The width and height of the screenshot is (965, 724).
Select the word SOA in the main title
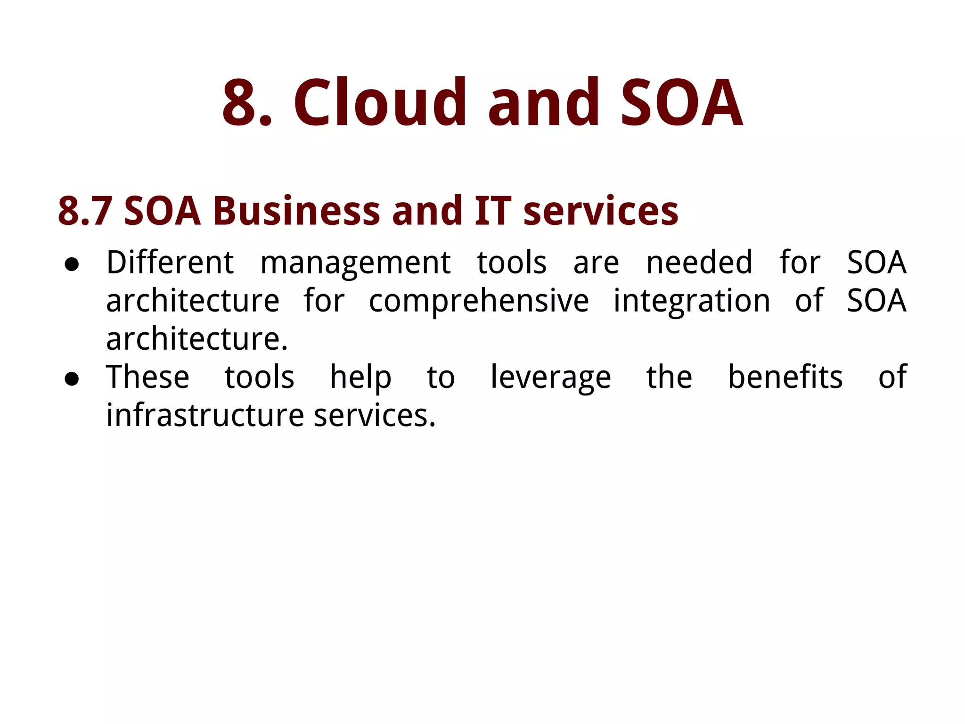click(681, 103)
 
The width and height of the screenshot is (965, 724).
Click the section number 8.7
click(85, 211)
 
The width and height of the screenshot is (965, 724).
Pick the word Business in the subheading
click(296, 211)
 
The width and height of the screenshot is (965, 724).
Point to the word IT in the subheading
click(492, 211)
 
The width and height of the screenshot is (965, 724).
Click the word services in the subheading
click(601, 211)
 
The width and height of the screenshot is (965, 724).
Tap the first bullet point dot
click(72, 264)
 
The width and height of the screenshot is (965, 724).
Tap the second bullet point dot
click(72, 378)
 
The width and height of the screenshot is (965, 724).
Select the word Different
click(170, 263)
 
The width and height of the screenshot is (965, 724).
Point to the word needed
click(699, 263)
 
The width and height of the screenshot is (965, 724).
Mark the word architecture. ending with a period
click(197, 339)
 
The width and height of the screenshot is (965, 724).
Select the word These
click(147, 377)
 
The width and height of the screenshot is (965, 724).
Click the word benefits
click(785, 377)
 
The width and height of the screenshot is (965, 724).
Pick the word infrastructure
click(205, 415)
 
